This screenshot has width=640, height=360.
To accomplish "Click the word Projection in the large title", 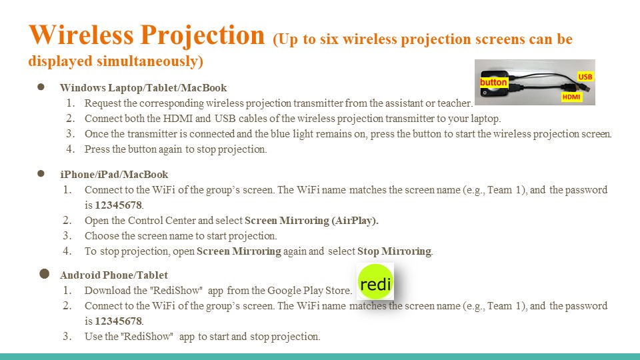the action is pyautogui.click(x=203, y=36).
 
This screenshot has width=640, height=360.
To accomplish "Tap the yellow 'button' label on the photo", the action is pyautogui.click(x=493, y=83).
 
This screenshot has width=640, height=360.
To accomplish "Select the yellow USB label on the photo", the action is pyautogui.click(x=585, y=77).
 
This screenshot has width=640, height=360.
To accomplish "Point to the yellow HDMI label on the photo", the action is pyautogui.click(x=571, y=97).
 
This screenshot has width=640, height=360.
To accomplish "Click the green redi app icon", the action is pyautogui.click(x=375, y=282).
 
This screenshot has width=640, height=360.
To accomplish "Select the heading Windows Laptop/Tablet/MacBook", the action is pyautogui.click(x=143, y=88).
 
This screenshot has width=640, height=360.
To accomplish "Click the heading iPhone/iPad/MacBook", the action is pyautogui.click(x=114, y=174).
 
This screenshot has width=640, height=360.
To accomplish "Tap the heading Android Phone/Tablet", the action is pyautogui.click(x=114, y=275).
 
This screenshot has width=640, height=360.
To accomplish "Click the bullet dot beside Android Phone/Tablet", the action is pyautogui.click(x=45, y=274).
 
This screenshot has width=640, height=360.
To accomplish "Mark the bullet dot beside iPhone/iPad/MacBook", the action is pyautogui.click(x=41, y=173).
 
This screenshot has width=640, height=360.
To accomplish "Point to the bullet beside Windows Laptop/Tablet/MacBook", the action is pyautogui.click(x=41, y=87).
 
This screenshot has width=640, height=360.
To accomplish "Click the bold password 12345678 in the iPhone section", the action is pyautogui.click(x=119, y=205).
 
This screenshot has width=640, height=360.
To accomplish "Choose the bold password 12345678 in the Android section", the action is pyautogui.click(x=119, y=321).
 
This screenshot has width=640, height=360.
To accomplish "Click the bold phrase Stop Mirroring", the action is pyautogui.click(x=394, y=251).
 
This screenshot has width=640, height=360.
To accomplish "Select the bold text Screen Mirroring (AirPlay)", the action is pyautogui.click(x=311, y=221).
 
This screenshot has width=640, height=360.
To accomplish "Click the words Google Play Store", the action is pyautogui.click(x=309, y=291).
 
